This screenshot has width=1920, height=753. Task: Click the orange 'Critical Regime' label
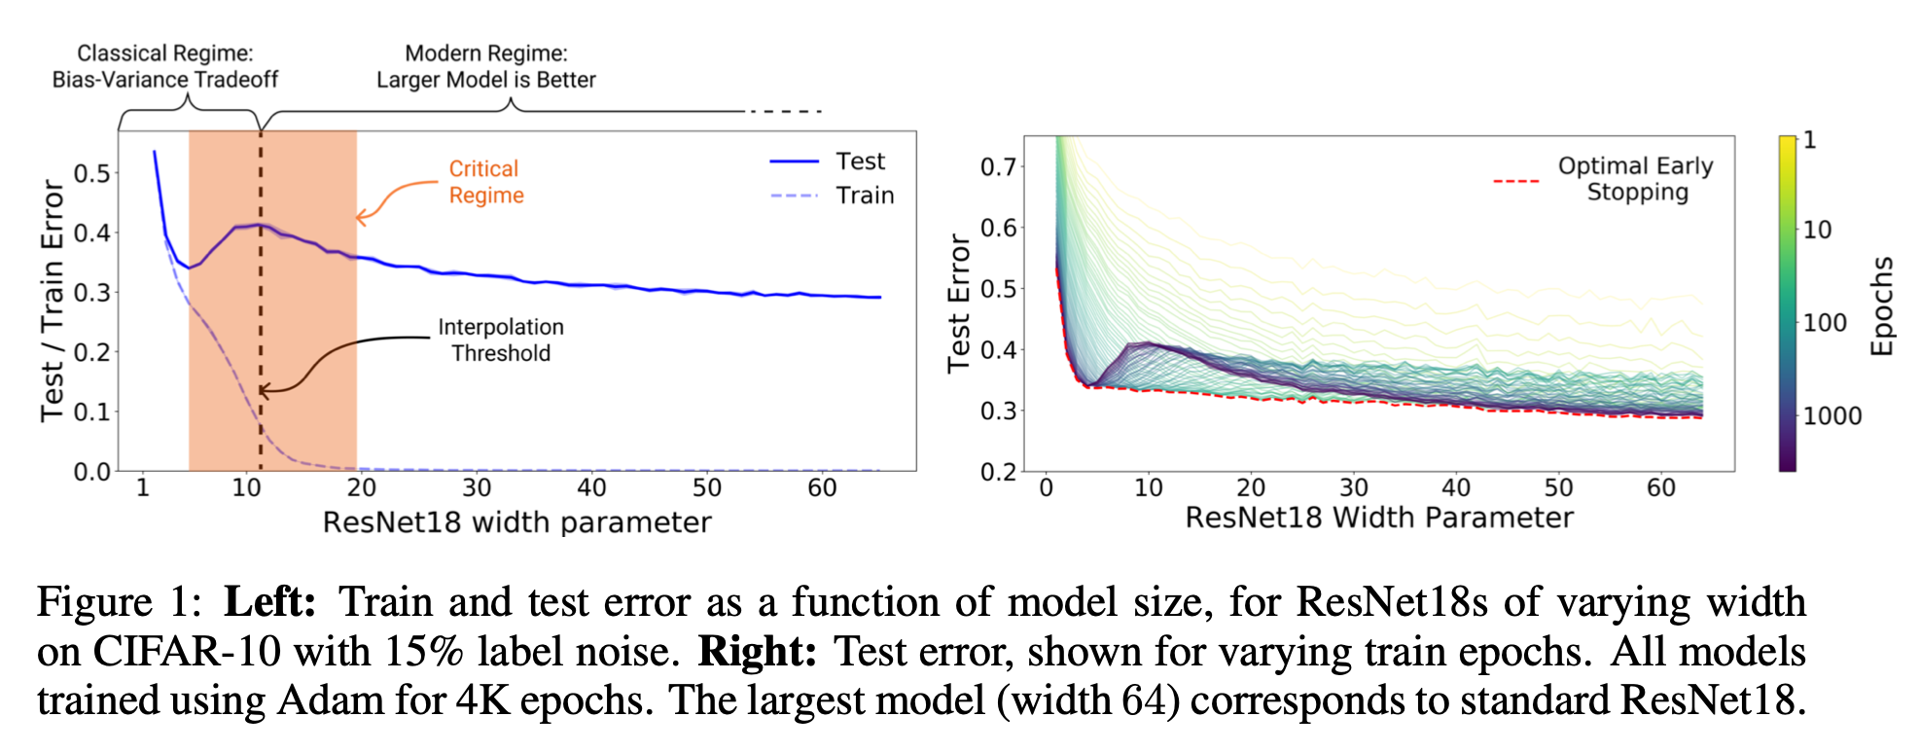[x=485, y=182]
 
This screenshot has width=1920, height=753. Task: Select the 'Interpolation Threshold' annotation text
[x=500, y=341]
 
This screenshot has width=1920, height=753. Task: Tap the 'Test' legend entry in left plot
[x=860, y=161]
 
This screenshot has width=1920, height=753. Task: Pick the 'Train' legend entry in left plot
[x=864, y=196]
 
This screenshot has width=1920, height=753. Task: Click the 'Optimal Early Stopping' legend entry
[x=1635, y=179]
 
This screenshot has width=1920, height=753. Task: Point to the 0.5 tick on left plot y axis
[x=93, y=174]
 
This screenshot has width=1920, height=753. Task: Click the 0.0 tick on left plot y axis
[x=93, y=472]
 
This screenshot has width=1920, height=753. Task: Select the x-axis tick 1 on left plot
[x=143, y=487]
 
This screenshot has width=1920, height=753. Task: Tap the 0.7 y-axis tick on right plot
[x=998, y=167]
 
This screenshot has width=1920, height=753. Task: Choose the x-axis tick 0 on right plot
[x=1047, y=487]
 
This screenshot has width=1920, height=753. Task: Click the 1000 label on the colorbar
[x=1832, y=416]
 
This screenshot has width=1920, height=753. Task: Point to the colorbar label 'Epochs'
[x=1883, y=305]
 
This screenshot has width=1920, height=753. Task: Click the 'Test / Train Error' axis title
[x=52, y=301]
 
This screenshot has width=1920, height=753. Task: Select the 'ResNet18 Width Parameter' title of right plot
[x=1378, y=518]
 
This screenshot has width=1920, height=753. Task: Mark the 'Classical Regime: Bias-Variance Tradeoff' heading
[x=164, y=66]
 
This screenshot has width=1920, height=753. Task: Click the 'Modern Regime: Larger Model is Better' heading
[x=485, y=66]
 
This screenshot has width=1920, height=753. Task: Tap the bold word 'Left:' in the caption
[x=269, y=602]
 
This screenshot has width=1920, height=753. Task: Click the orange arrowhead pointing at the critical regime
[x=361, y=217]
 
